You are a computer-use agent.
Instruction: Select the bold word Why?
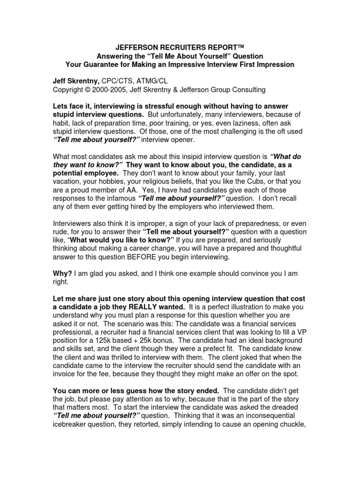[x=61, y=273]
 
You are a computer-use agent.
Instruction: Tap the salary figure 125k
[x=100, y=341]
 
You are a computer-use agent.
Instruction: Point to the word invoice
[x=65, y=375]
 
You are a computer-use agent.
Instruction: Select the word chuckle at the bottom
[x=290, y=425]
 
